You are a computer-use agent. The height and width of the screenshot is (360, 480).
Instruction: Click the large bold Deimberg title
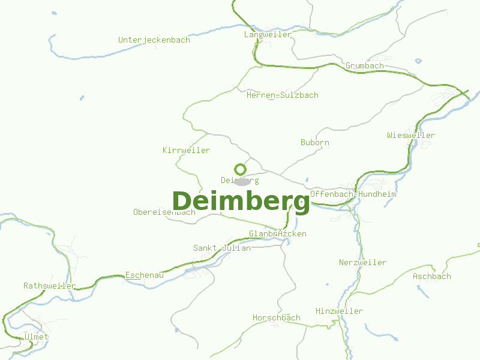(x=241, y=202)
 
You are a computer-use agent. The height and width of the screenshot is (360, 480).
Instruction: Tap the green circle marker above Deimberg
(x=240, y=169)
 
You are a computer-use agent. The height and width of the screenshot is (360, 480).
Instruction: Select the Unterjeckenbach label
(x=154, y=40)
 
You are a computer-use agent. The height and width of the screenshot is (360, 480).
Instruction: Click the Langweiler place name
(x=268, y=35)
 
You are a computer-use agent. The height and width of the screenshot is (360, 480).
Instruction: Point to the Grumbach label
(x=365, y=65)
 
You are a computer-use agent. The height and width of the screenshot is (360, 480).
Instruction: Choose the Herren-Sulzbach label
(x=283, y=95)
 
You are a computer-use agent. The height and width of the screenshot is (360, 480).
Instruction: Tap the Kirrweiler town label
(x=187, y=150)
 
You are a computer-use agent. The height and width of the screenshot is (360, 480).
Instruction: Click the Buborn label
(x=315, y=143)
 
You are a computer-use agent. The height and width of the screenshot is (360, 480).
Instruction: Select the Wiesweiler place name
(x=411, y=135)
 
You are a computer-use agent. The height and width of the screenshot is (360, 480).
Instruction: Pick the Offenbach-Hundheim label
(x=353, y=194)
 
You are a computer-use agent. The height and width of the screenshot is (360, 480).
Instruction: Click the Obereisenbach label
(x=164, y=212)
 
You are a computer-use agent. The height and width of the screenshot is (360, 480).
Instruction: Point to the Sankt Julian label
(x=222, y=248)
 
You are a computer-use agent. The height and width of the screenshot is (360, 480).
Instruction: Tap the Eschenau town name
(x=145, y=275)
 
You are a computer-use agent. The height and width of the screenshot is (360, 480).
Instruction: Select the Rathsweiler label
(x=50, y=286)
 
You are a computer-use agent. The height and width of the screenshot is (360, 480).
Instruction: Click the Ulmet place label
(x=37, y=337)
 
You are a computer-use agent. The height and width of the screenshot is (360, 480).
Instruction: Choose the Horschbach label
(x=277, y=317)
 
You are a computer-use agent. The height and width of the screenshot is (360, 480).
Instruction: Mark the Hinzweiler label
(x=340, y=311)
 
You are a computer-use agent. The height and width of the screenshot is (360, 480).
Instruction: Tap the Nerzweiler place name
(x=362, y=262)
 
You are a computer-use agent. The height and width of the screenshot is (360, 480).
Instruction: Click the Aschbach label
(x=432, y=276)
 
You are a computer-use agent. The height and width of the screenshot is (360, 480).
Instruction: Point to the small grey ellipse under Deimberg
(x=242, y=182)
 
